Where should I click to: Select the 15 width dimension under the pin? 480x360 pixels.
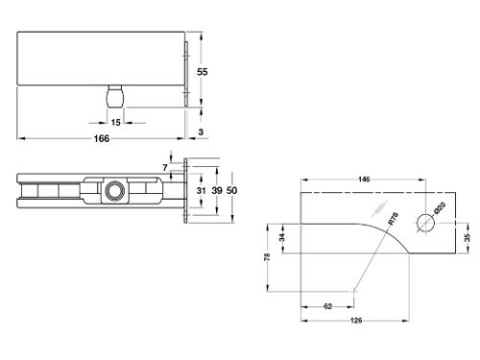116,122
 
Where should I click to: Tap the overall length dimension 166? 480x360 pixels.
103,138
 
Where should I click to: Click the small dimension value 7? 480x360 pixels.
165,169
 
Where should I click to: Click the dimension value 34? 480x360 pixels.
282,237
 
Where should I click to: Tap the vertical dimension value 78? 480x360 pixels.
266,256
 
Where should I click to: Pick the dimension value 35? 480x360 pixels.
468,235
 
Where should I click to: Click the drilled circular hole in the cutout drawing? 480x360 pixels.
423,224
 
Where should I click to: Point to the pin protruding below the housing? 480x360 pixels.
115,97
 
